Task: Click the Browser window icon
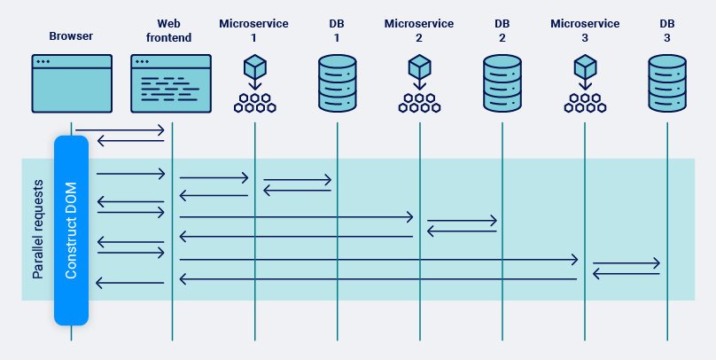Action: click(x=72, y=83)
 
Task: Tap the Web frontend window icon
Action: click(x=171, y=83)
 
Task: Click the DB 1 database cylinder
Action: click(x=337, y=83)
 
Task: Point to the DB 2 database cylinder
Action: click(x=502, y=83)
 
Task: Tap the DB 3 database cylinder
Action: click(x=666, y=83)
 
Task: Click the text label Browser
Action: click(x=72, y=36)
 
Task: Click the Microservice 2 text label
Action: click(x=419, y=30)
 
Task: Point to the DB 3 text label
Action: click(x=666, y=30)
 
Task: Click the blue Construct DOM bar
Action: click(x=71, y=231)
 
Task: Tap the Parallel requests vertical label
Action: click(x=38, y=231)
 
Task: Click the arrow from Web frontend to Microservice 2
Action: click(x=296, y=217)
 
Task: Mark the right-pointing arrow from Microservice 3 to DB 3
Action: click(x=626, y=263)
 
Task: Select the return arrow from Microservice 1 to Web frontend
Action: click(x=214, y=194)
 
